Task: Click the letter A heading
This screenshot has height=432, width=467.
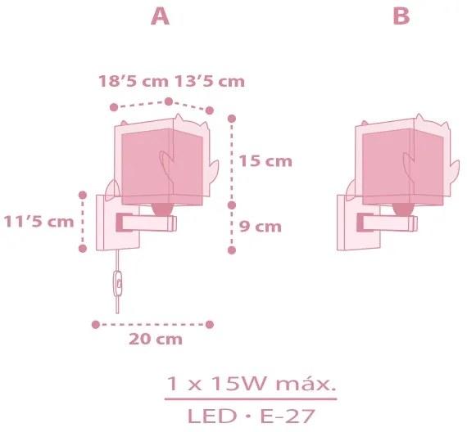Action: point(161,17)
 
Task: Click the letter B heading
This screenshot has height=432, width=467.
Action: point(401,17)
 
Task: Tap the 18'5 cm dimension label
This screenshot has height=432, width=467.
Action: point(133,81)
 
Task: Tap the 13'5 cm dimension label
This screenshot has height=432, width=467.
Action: point(208,81)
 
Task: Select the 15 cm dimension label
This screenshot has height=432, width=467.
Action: point(265,161)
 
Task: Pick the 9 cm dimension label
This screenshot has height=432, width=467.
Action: point(262,227)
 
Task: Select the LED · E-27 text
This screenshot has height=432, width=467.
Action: point(251,416)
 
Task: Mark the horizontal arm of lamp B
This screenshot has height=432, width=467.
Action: point(390,221)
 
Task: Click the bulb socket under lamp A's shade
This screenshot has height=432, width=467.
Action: point(163,207)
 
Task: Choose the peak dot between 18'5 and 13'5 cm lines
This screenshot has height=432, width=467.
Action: point(168,101)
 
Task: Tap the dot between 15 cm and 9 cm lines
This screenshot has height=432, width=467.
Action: point(232,204)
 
